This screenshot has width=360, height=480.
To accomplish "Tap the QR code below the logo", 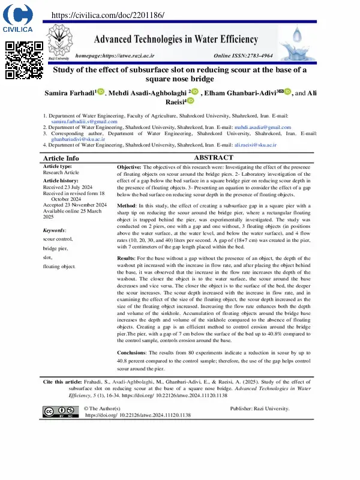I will tap(24, 61).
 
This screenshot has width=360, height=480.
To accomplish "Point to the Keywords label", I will tap(55, 230).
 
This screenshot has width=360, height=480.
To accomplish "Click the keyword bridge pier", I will tap(55, 248).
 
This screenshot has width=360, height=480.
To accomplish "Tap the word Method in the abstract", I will tap(127, 206).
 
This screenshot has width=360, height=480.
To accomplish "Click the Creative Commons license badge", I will tap(61, 411).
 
